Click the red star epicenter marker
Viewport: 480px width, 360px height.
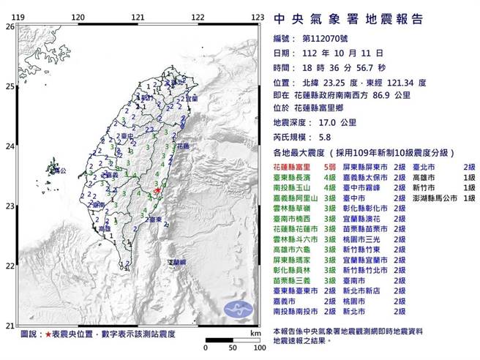coord(156,191)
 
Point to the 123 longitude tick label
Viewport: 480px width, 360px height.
coord(258,15)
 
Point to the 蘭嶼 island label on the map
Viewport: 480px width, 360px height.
coord(178,261)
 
